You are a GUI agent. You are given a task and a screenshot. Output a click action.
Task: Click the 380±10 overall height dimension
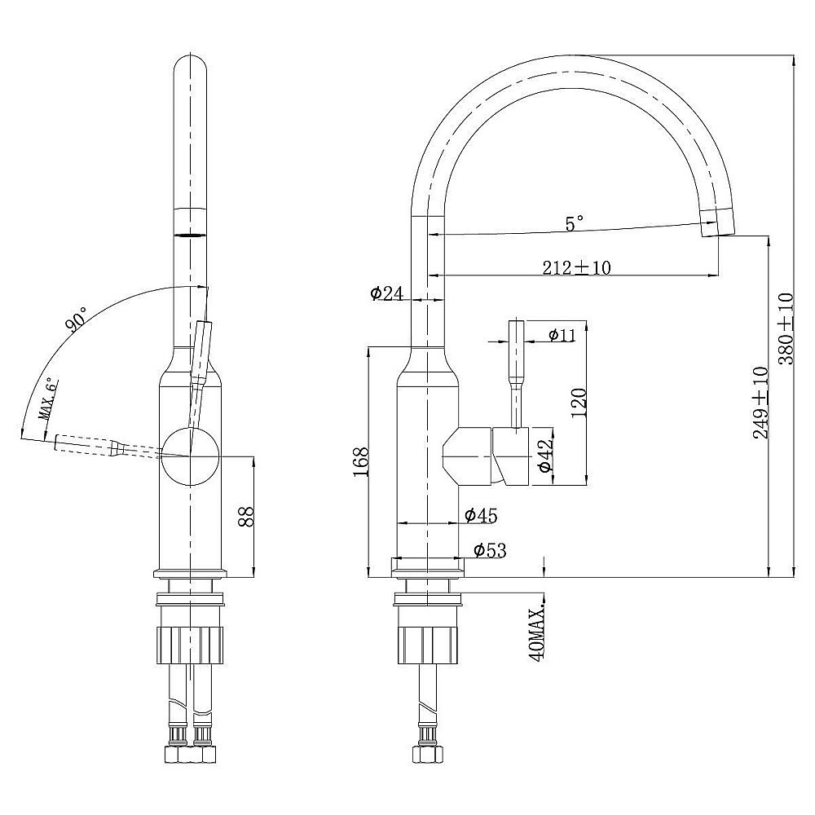click(x=786, y=328)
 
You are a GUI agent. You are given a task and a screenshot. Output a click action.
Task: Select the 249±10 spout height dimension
click(x=760, y=403)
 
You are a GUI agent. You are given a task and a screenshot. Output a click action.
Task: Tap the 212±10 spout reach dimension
click(x=576, y=267)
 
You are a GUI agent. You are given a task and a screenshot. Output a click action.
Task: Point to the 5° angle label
click(x=574, y=223)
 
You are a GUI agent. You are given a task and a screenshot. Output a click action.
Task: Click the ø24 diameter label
click(x=387, y=293)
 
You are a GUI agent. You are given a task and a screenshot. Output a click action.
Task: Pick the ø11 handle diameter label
click(x=562, y=335)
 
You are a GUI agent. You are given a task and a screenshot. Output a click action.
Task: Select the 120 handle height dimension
click(x=579, y=403)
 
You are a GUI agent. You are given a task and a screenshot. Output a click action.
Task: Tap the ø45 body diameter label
click(x=481, y=515)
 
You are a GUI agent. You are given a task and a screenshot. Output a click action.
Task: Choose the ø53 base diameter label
click(x=490, y=550)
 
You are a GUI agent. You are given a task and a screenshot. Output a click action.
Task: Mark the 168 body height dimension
click(x=360, y=462)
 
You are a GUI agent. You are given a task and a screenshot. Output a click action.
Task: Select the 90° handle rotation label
click(x=77, y=319)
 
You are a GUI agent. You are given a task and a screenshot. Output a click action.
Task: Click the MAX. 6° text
click(x=48, y=399)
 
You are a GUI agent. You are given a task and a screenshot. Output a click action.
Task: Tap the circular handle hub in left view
click(x=191, y=456)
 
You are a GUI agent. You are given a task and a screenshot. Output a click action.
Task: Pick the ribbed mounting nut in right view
click(x=427, y=645)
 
